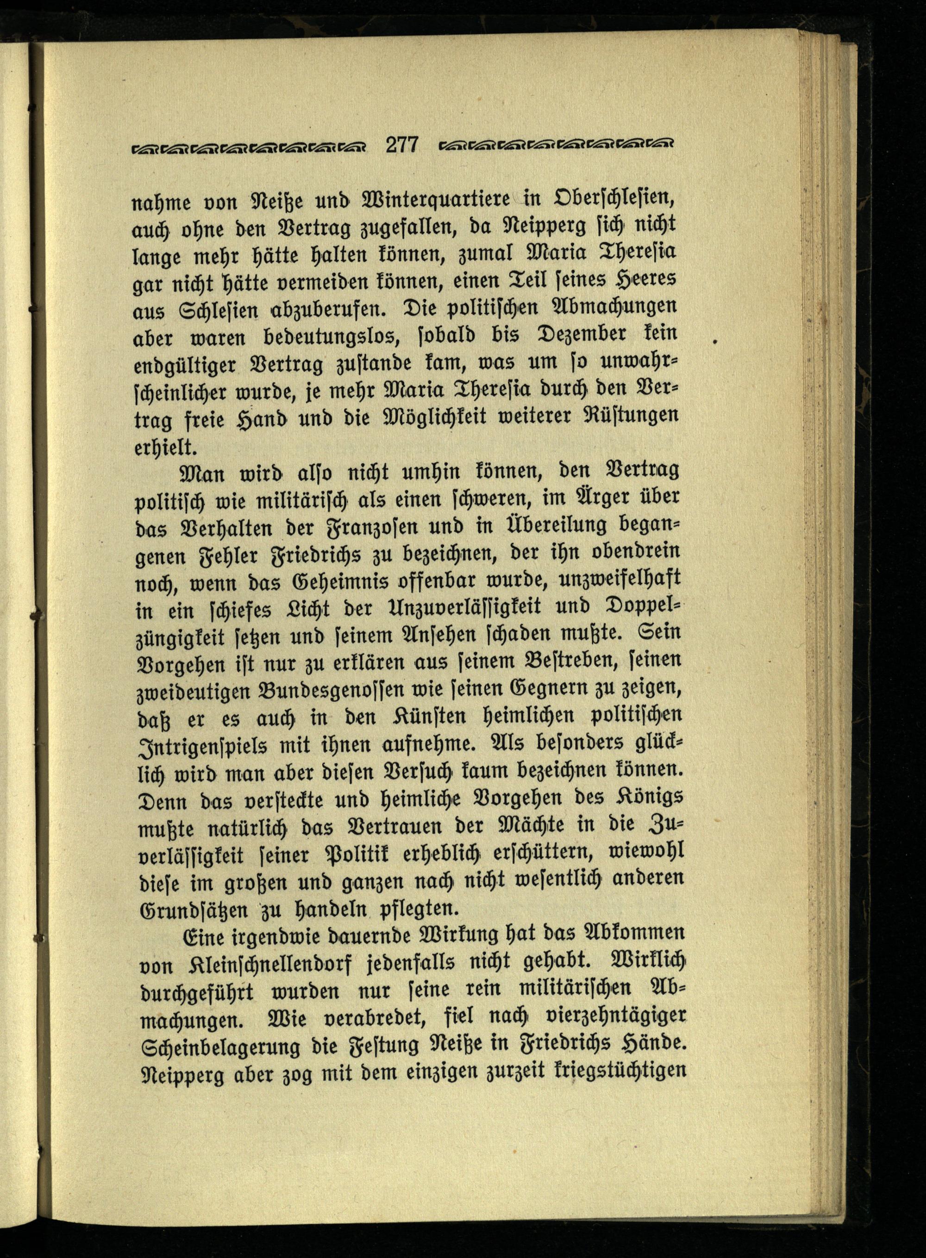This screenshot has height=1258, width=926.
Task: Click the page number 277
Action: point(402,145)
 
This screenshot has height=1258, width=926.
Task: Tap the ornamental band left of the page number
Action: point(247,147)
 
